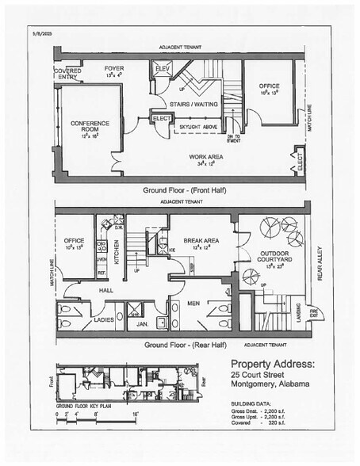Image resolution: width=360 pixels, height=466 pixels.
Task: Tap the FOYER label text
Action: pos(114,69)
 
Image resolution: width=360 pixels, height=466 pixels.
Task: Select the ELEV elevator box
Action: pos(162,69)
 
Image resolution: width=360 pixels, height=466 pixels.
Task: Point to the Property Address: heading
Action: pos(274,364)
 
